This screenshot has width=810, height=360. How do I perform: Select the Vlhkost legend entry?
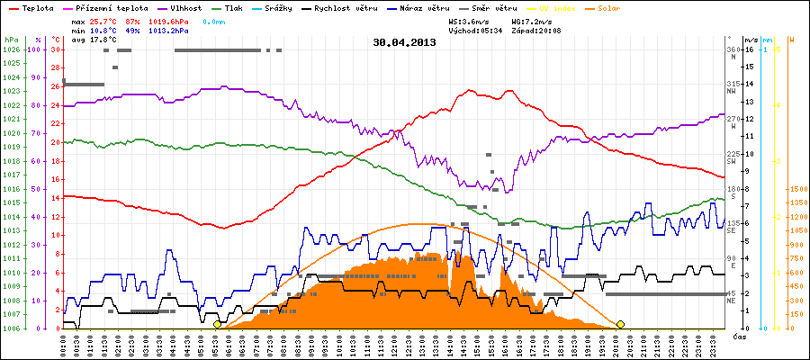187,7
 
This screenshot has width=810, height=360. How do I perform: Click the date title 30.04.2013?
404,41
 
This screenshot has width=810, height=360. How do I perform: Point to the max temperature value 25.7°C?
103,19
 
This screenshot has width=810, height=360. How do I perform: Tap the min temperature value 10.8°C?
103,30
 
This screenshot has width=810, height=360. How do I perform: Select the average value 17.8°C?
103,40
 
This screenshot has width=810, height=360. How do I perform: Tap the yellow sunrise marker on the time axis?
217,324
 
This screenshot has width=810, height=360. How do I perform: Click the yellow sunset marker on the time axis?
620,324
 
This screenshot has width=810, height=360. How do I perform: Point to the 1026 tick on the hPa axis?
11,49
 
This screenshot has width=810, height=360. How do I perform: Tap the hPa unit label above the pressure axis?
10,40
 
